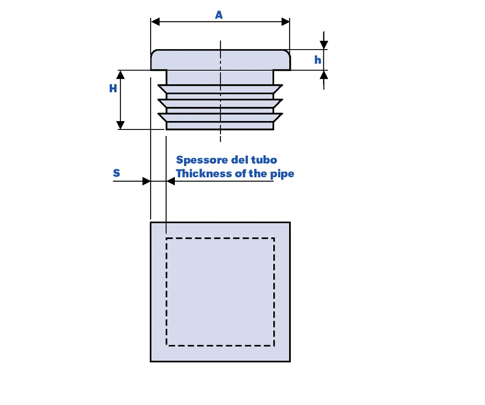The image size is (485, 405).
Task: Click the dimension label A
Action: coord(219,15)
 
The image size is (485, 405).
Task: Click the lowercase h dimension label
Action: coord(318,60)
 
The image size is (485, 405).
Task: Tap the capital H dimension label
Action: coord(113,88)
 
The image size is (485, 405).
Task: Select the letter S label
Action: coord(116,173)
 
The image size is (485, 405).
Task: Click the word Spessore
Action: coord(202,160)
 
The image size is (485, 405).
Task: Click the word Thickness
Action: coord(204,173)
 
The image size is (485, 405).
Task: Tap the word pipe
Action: coord(282,174)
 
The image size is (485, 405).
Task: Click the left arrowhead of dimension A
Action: coord(155,22)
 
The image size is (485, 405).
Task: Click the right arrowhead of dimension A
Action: coord(286,22)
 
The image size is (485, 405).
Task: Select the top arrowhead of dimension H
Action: coord(120,75)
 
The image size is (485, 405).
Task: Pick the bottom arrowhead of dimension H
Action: coord(120,125)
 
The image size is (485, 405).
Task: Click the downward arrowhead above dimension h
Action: coord(324,45)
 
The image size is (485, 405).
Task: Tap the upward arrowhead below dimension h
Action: coord(324,75)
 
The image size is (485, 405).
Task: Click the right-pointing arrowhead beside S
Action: coord(146,181)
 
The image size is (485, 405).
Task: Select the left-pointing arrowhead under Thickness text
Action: coord(170,181)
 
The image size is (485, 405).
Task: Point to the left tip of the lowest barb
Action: coord(158,114)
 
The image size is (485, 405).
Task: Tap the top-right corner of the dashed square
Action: coord(274,238)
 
